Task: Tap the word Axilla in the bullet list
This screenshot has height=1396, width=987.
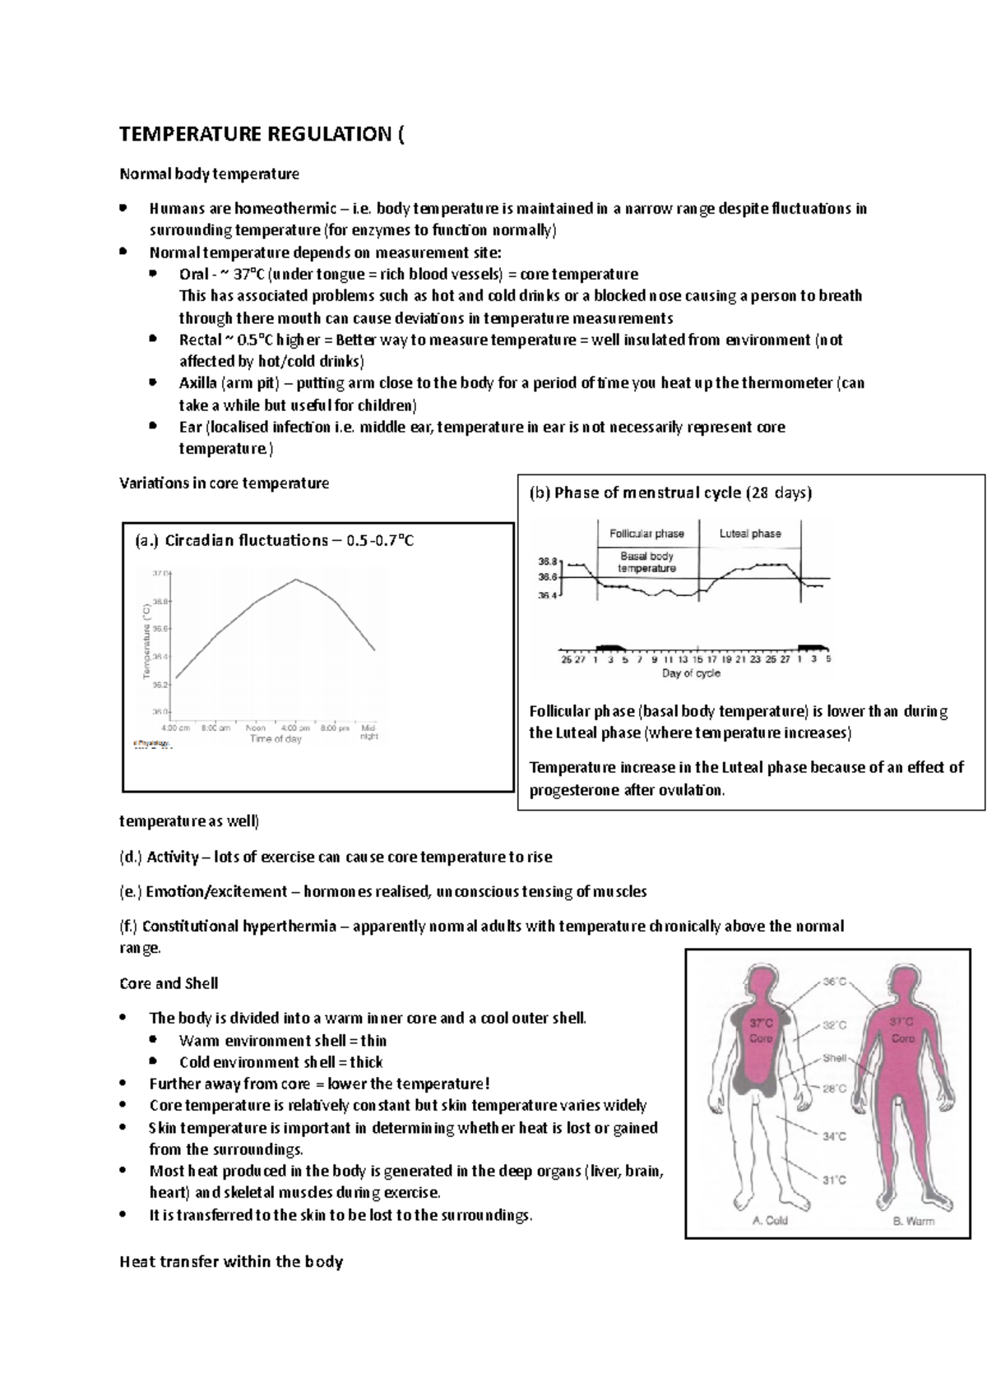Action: tap(198, 383)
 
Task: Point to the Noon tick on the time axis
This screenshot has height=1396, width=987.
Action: tap(255, 728)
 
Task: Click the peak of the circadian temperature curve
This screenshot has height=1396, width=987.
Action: tap(296, 580)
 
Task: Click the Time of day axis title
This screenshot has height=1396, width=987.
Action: tap(276, 739)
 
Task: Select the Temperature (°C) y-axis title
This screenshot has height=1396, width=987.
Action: tap(146, 641)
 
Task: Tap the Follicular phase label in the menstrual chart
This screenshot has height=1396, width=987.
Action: tap(646, 534)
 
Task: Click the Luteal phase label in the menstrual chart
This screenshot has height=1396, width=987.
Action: tap(750, 534)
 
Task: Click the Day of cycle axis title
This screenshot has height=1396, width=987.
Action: tap(691, 673)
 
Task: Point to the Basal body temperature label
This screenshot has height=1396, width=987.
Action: tap(646, 562)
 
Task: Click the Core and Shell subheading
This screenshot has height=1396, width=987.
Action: tap(169, 983)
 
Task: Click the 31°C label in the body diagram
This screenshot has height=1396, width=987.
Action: tap(835, 1181)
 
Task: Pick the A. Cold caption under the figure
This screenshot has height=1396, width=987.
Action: tap(771, 1220)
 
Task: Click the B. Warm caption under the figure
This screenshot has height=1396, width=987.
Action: tap(914, 1220)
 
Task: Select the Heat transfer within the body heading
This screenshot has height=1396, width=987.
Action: tap(231, 1262)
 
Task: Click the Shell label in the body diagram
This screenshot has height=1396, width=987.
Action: tap(835, 1058)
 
